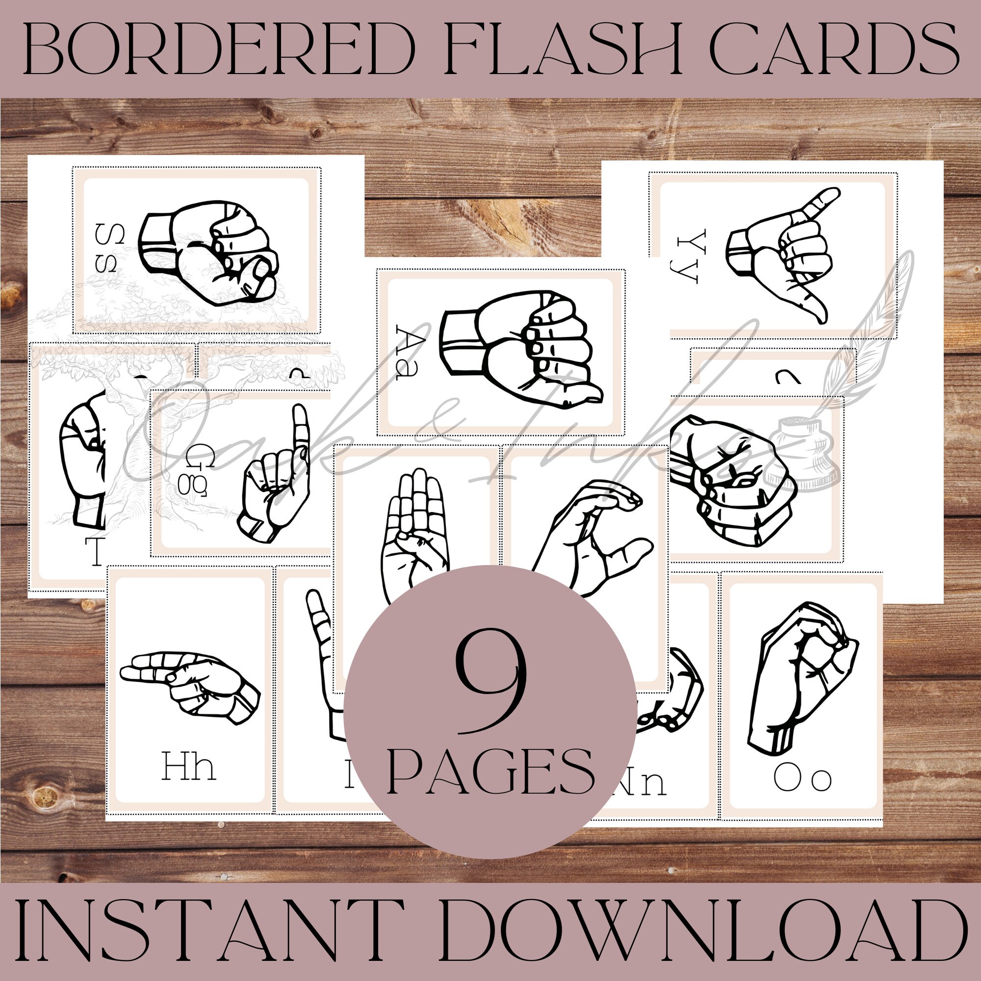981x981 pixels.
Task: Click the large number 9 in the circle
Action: pyautogui.click(x=490, y=680)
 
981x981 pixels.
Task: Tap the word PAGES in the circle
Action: pyautogui.click(x=490, y=772)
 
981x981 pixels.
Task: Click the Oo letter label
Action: pyautogui.click(x=802, y=777)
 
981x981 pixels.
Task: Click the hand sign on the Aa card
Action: pyautogui.click(x=518, y=348)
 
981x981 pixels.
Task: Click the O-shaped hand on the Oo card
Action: pyautogui.click(x=800, y=675)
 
